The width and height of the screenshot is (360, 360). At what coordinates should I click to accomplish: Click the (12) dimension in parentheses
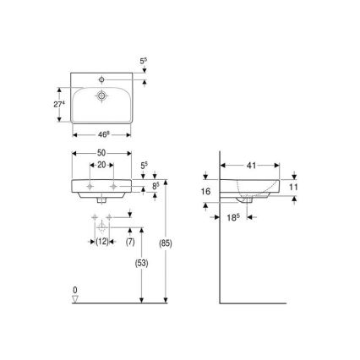click(101, 243)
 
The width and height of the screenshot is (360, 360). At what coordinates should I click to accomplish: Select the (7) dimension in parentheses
click(131, 243)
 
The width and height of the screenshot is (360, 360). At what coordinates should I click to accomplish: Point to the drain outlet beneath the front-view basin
click(100, 201)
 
